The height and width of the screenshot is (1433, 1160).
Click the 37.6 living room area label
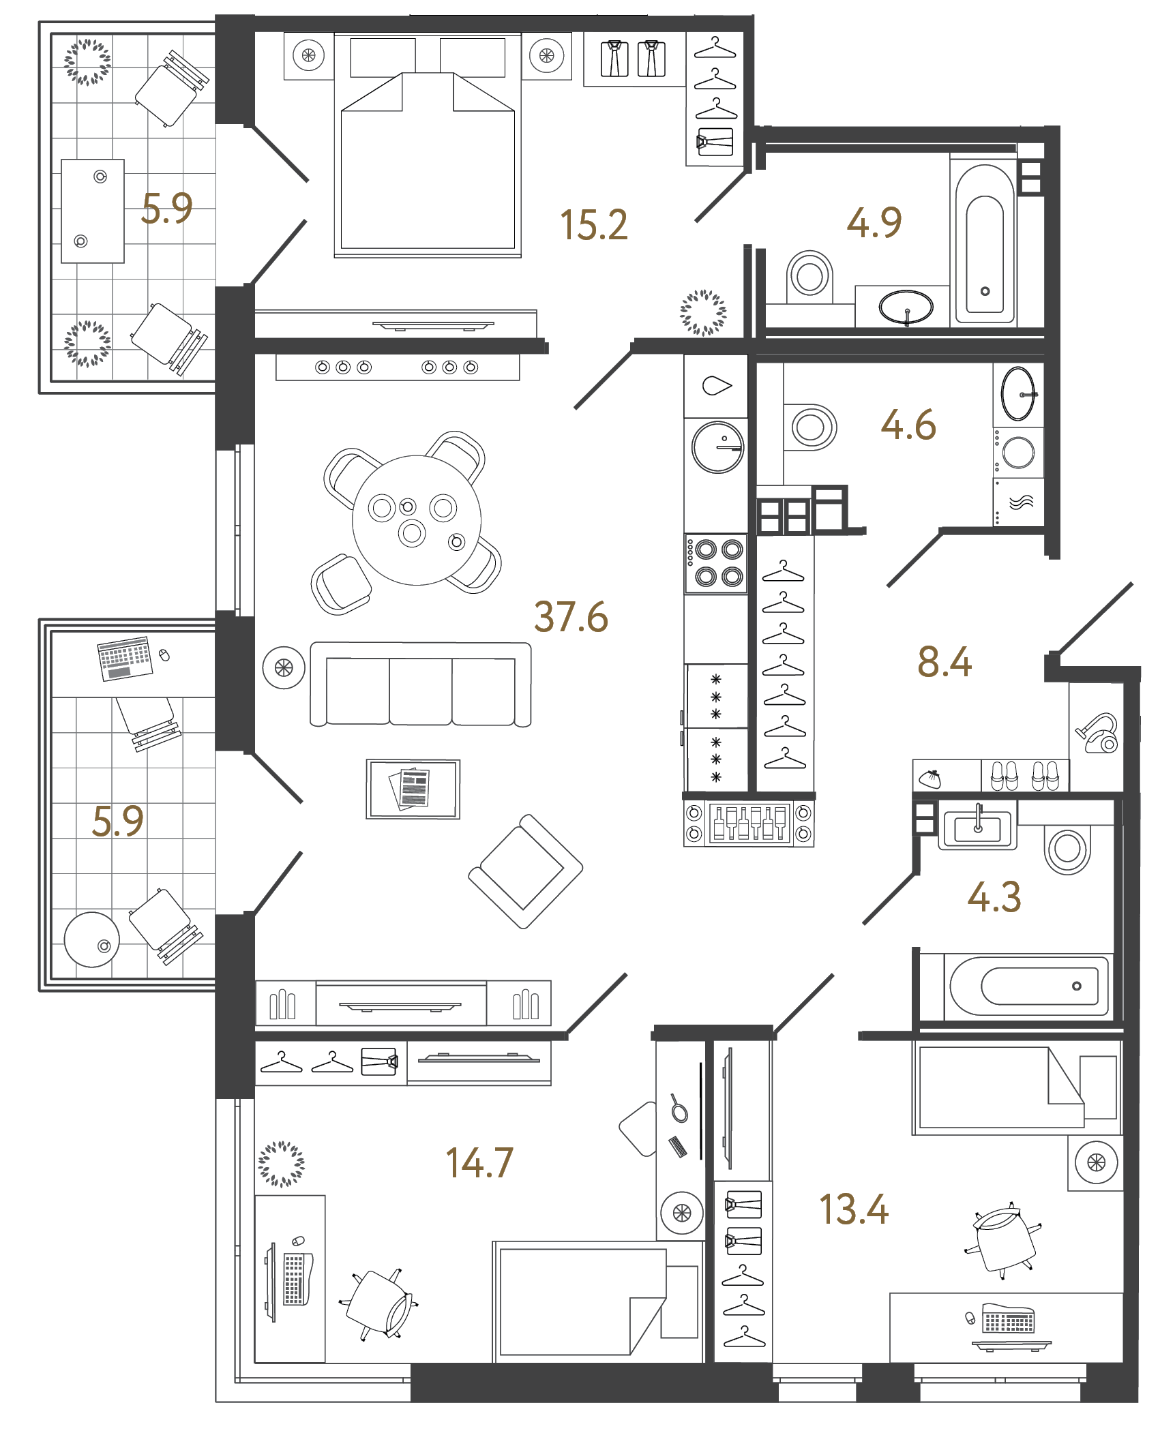point(571,617)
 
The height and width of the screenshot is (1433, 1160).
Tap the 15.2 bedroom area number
point(593,225)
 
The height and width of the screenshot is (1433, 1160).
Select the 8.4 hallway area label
point(945,662)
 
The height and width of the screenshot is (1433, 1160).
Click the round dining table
point(416,520)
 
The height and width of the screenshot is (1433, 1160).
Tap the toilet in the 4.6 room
point(810,427)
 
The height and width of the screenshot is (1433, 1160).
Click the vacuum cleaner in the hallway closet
point(1098,733)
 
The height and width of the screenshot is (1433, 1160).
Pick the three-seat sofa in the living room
point(420,684)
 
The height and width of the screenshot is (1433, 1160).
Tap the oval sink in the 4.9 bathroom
point(906,307)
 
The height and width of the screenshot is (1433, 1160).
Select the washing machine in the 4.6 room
point(1018,452)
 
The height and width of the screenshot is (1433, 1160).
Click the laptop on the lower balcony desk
point(125,658)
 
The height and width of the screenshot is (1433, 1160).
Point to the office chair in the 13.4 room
point(1003,1239)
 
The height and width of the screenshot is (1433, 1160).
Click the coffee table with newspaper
point(413,789)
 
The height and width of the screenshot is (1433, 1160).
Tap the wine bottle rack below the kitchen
point(749,823)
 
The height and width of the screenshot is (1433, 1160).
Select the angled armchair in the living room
point(525,871)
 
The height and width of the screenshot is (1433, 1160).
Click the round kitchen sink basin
point(717,447)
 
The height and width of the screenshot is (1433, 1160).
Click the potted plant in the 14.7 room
point(281,1164)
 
